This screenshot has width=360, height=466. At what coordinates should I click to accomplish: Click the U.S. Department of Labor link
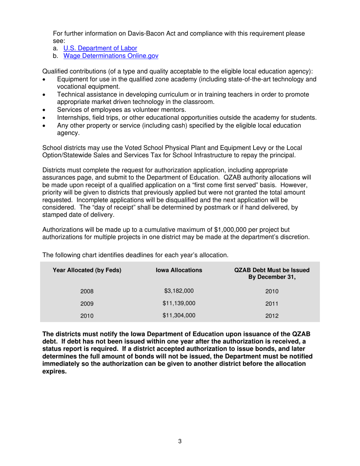(100, 48)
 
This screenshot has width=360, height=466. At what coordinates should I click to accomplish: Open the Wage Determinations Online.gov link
(111, 56)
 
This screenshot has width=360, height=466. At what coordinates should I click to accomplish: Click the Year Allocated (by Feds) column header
(87, 270)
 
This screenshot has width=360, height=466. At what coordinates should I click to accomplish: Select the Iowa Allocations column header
(179, 270)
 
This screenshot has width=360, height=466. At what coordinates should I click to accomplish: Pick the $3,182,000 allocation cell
(179, 291)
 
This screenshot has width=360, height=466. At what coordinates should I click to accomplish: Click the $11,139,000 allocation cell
(179, 303)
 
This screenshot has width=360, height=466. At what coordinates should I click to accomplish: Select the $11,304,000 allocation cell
(179, 315)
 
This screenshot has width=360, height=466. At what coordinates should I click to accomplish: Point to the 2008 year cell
(87, 291)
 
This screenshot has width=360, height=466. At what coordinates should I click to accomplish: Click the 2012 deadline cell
(272, 315)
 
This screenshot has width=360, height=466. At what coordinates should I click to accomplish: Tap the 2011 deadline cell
(272, 303)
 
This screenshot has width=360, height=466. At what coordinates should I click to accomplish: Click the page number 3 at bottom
(180, 441)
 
